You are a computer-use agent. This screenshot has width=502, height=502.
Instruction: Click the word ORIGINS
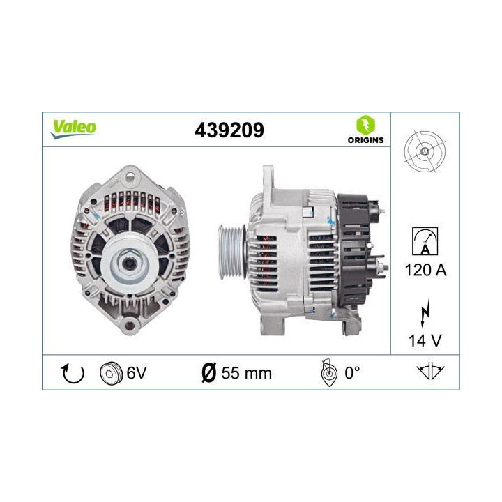(x=365, y=140)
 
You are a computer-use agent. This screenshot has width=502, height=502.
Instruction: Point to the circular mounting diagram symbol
(x=424, y=153)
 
